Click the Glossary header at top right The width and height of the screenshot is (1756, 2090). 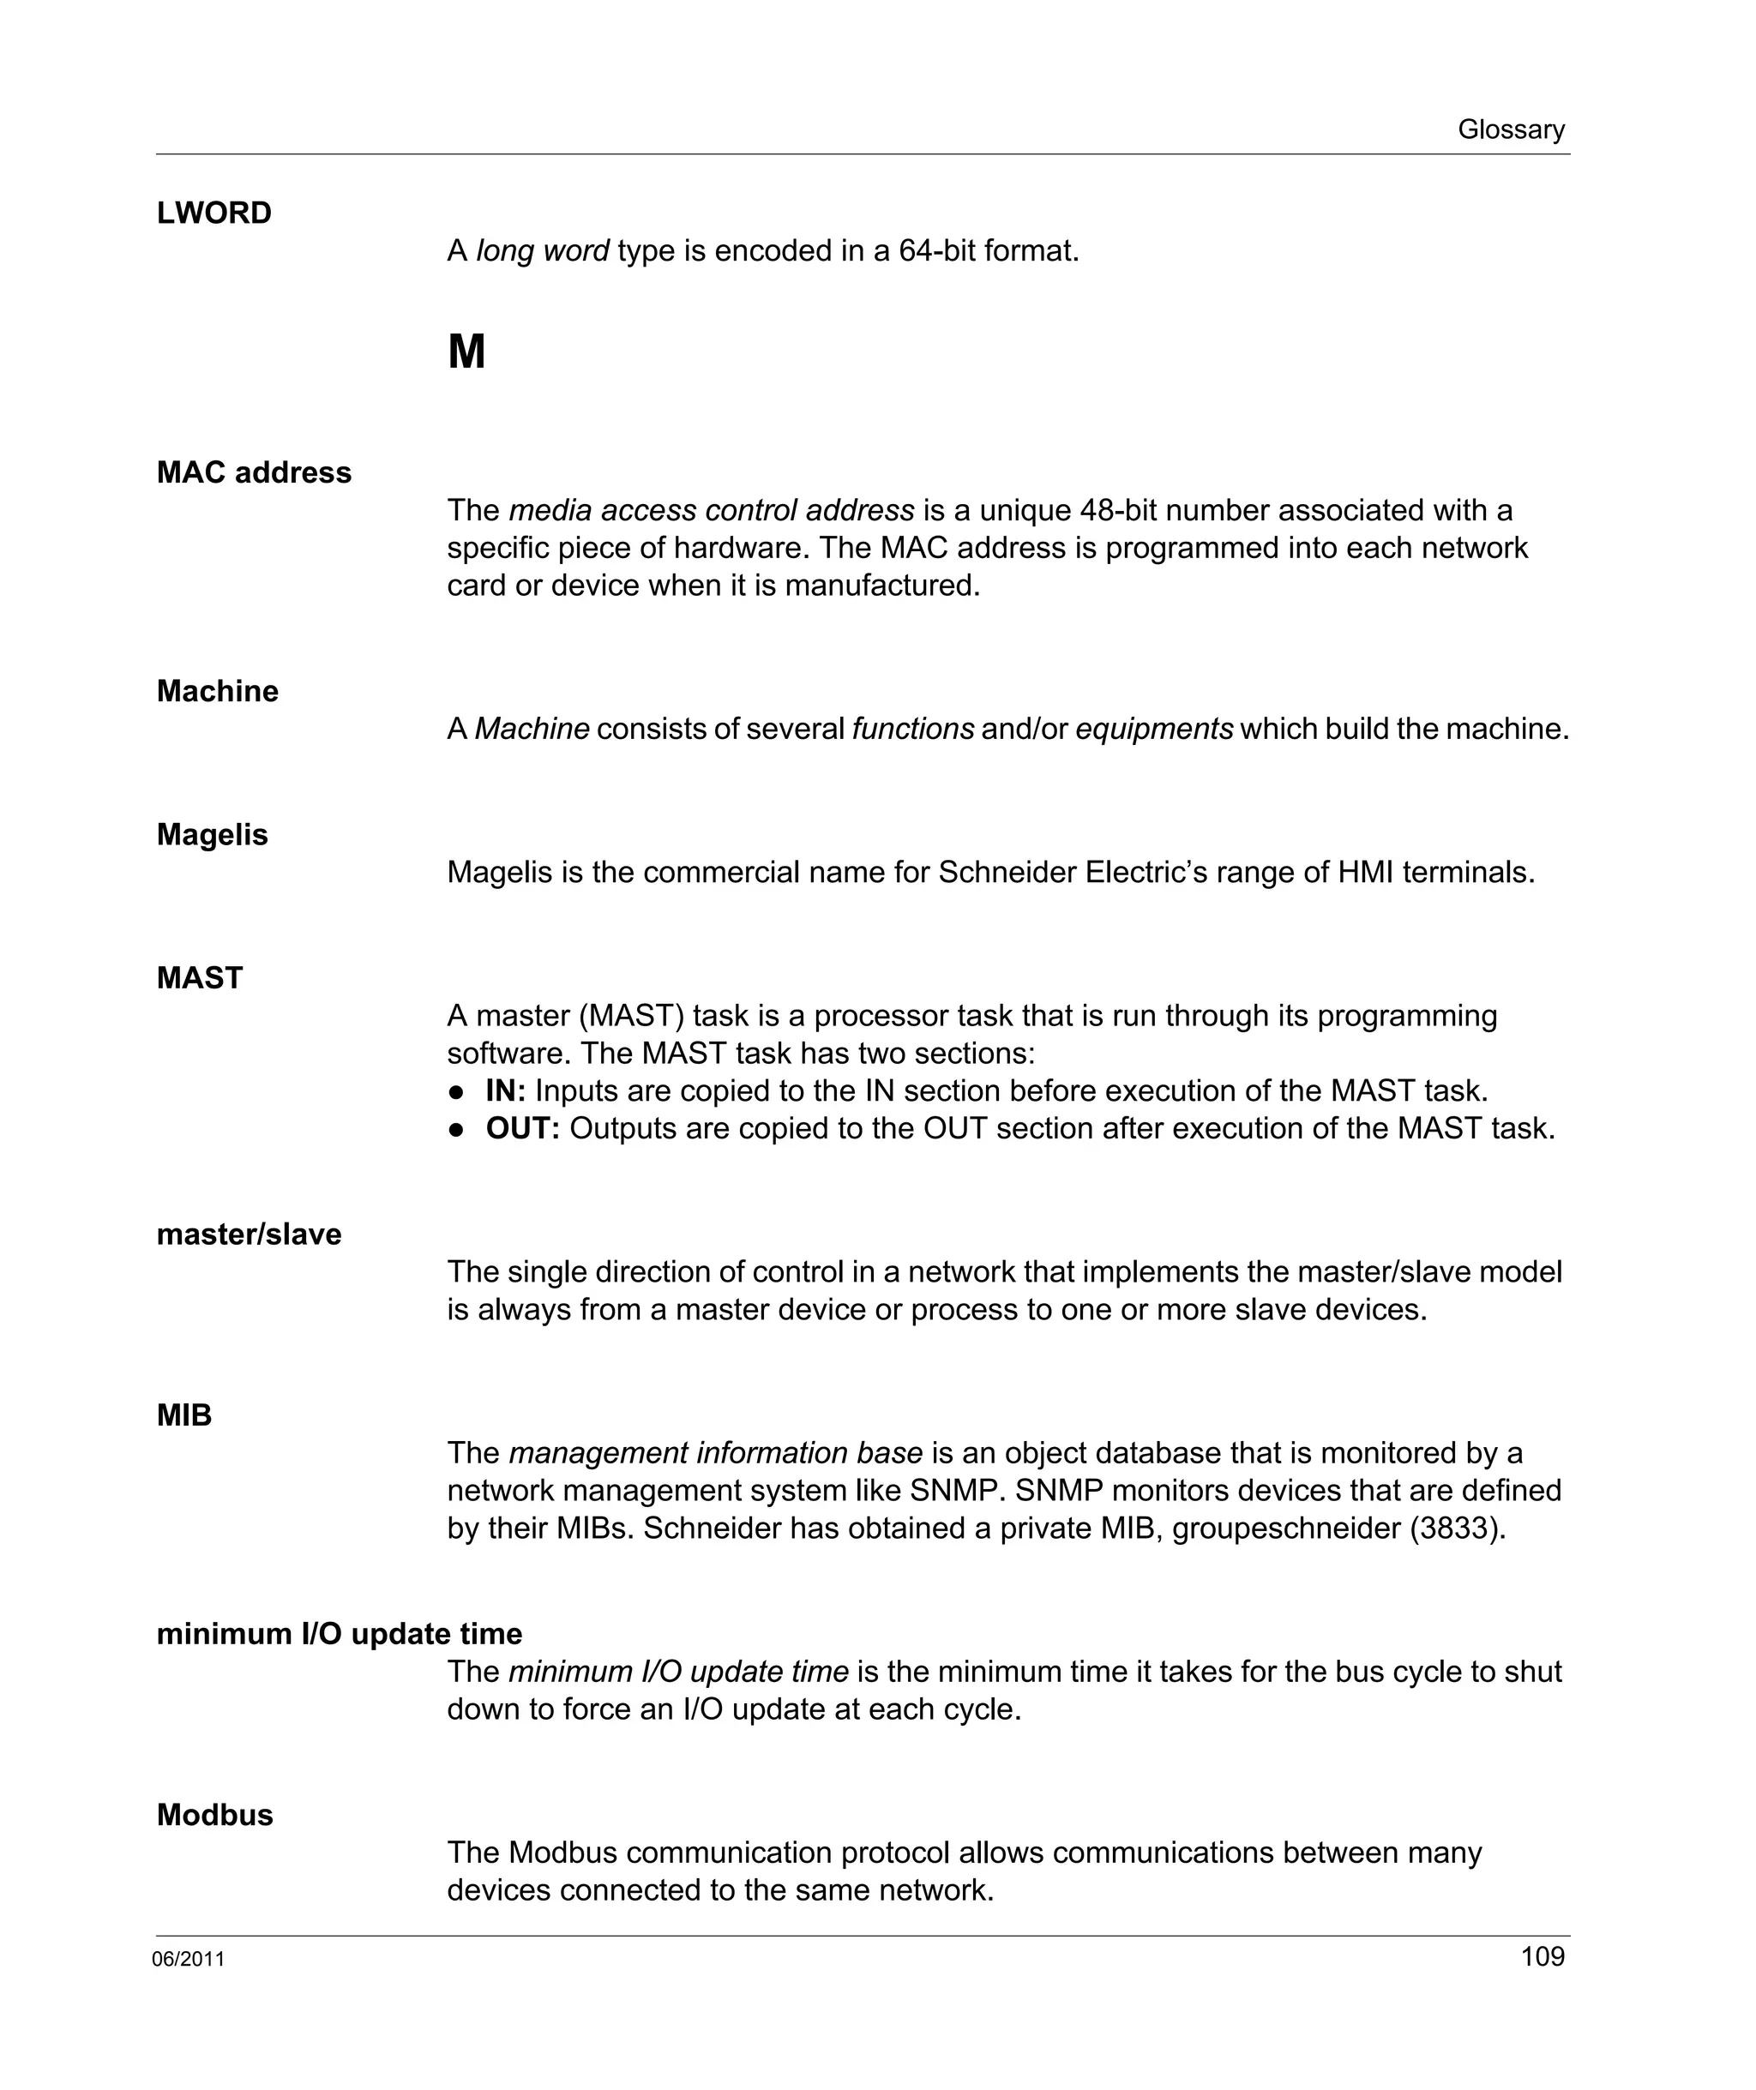pyautogui.click(x=1510, y=129)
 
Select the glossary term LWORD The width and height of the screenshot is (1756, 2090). pyautogui.click(x=214, y=213)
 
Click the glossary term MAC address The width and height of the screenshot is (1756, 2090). pyautogui.click(x=254, y=471)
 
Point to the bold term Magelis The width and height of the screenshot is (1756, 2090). pyautogui.click(x=212, y=834)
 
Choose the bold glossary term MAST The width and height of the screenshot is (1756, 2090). pyautogui.click(x=199, y=977)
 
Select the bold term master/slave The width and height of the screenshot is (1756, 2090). pyautogui.click(x=249, y=1234)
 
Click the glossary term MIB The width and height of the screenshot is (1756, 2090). pyautogui.click(x=184, y=1415)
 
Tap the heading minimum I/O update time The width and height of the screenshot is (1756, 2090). pyautogui.click(x=340, y=1634)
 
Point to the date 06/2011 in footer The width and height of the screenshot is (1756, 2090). pyautogui.click(x=188, y=1960)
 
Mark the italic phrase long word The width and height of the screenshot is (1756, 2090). pyautogui.click(x=542, y=251)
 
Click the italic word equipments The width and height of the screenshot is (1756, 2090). pyautogui.click(x=1154, y=729)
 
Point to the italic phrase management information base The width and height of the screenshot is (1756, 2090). pyautogui.click(x=715, y=1453)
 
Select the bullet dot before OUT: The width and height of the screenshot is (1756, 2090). pyautogui.click(x=457, y=1130)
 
